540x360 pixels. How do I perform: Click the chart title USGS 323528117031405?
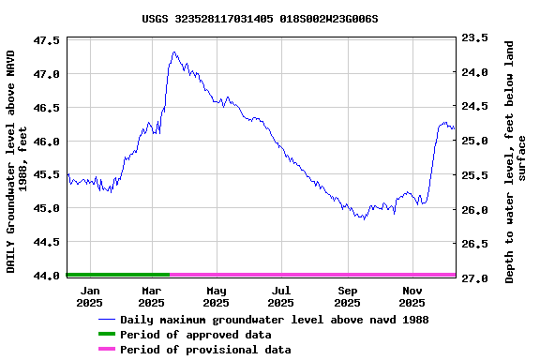(261, 18)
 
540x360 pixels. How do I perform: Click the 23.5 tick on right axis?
(474, 38)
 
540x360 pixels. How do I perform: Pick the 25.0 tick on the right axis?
(474, 141)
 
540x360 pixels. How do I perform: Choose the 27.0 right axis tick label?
(474, 278)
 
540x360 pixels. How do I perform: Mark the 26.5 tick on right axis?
(474, 244)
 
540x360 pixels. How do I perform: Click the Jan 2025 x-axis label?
(89, 296)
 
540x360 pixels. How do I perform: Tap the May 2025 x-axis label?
(216, 296)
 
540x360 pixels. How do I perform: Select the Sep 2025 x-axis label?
(347, 296)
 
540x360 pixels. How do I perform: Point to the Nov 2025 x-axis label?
(412, 296)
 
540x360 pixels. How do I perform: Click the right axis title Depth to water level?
(516, 161)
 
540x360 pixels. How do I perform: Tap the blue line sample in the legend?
(106, 320)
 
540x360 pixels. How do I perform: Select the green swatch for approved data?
(106, 335)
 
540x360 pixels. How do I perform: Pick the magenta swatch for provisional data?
(106, 350)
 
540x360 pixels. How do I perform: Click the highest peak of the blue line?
(175, 52)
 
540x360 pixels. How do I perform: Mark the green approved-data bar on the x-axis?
(118, 275)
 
